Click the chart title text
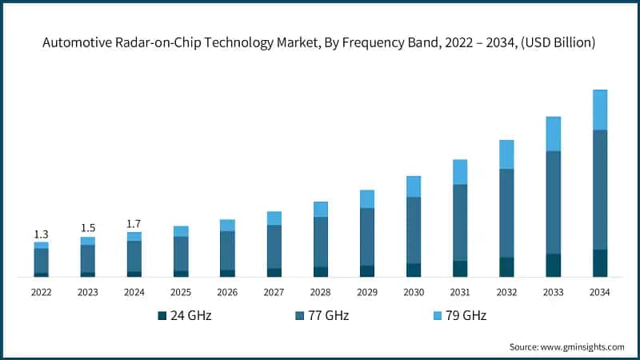pos(320,42)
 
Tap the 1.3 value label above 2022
pos(41,234)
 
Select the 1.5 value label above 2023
pos(87,228)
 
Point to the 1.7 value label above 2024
pos(134,224)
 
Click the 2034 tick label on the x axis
pos(599,293)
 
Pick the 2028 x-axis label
pos(320,293)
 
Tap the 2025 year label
pos(181,293)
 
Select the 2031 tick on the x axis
pos(459,293)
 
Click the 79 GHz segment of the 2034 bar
pos(599,110)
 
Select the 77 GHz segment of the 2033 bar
pos(553,202)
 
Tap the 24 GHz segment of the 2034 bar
pos(599,263)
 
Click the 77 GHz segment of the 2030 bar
pos(413,230)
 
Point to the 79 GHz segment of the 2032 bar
pos(506,154)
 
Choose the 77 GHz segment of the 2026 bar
pos(227,250)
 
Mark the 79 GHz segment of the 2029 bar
pos(366,199)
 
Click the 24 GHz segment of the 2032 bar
pos(506,267)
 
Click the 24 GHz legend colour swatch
pos(162,316)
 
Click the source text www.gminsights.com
pos(566,346)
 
